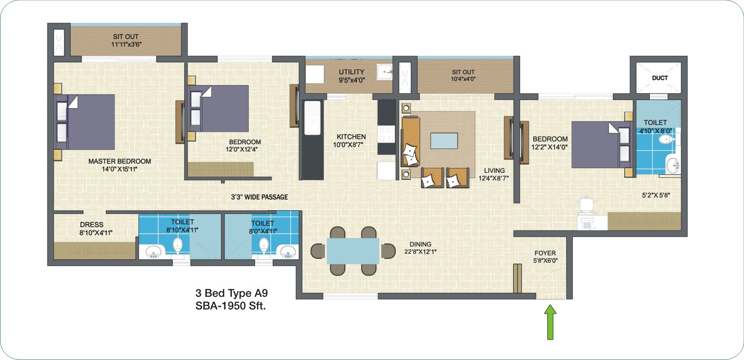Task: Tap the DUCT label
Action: [659, 78]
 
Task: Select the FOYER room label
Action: [545, 253]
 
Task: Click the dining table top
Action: [353, 251]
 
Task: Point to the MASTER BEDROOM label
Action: [120, 161]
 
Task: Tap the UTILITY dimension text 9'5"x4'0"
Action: [352, 80]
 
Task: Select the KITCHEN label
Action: [351, 137]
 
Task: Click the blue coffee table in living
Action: [444, 141]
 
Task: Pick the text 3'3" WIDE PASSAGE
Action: [259, 197]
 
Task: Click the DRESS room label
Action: [91, 225]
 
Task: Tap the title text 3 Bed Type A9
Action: [231, 293]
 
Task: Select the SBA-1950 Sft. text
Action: [230, 306]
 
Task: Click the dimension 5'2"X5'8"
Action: [656, 195]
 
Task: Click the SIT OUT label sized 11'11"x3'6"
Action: [126, 37]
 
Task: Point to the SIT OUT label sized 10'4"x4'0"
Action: [463, 72]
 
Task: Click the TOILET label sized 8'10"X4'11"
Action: [182, 222]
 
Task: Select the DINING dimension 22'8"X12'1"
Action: [420, 251]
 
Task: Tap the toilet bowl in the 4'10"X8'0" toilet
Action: [666, 139]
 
